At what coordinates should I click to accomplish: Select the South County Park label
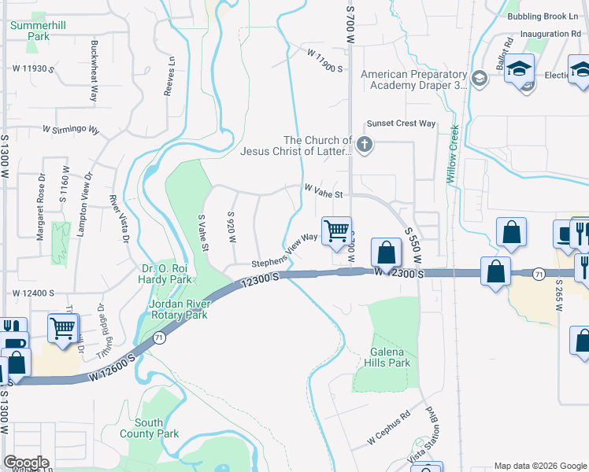coord(150,428)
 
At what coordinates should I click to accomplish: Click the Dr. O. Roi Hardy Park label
coord(165,273)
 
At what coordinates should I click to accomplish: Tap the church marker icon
coord(363,144)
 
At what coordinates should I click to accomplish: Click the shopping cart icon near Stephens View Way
coord(337,230)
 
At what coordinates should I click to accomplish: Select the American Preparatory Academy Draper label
coord(413,80)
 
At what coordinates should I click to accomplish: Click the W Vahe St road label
coord(324,190)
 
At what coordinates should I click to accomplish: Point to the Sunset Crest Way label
coord(401,124)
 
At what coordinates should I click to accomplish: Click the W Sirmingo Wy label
coord(71,129)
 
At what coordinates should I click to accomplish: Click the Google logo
coord(25,463)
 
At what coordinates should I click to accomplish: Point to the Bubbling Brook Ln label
coord(543,16)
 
